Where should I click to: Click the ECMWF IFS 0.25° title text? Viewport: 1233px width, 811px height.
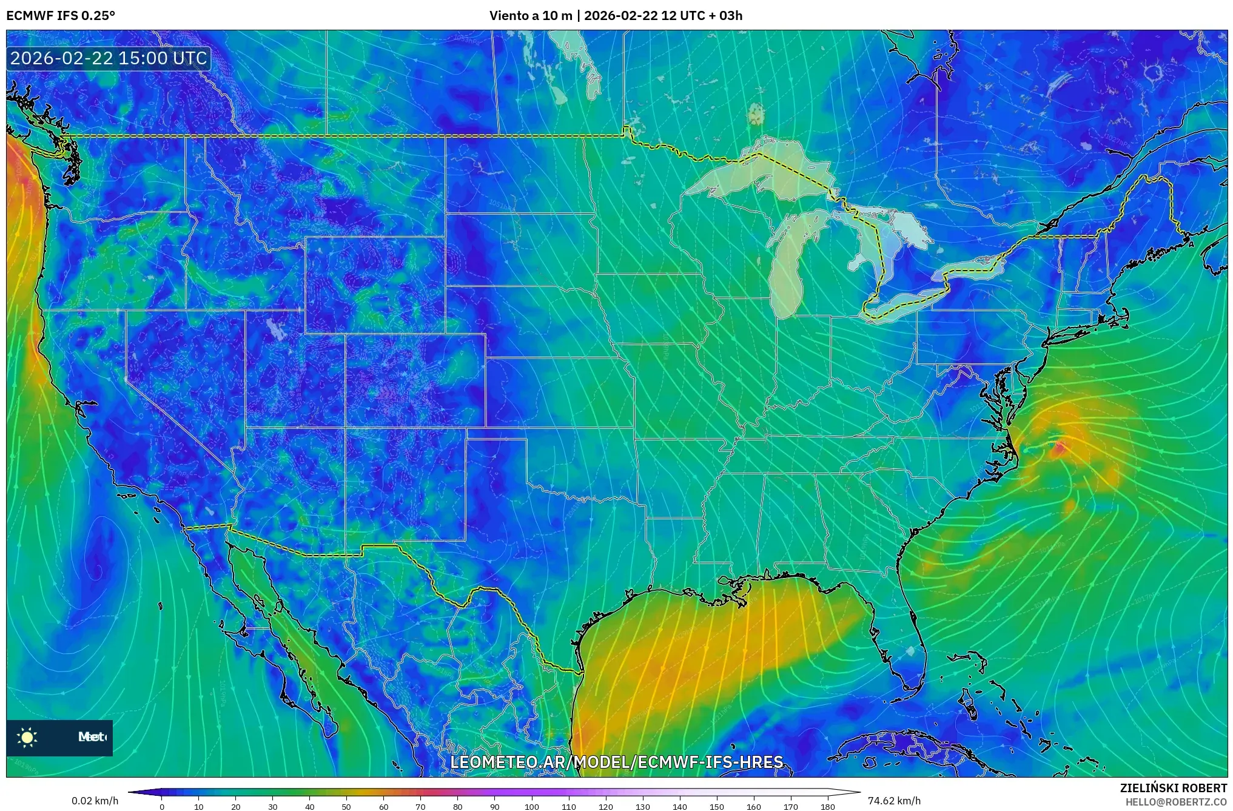click(x=61, y=16)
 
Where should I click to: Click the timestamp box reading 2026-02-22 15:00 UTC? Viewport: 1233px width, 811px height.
click(x=109, y=59)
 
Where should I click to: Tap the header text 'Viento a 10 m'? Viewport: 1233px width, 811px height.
click(x=530, y=16)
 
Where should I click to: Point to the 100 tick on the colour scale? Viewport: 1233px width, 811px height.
click(x=532, y=806)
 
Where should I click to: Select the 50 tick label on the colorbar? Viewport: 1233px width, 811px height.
click(x=346, y=806)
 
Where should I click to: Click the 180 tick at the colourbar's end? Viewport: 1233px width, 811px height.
click(x=828, y=806)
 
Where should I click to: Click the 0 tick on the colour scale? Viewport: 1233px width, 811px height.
click(x=162, y=806)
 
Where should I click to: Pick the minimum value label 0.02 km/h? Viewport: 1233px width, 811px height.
click(x=95, y=801)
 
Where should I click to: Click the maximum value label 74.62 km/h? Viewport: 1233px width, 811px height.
click(x=894, y=801)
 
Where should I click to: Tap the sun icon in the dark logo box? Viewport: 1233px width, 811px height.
click(x=27, y=737)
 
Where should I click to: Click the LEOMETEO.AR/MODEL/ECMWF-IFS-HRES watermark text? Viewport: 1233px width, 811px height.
click(x=617, y=762)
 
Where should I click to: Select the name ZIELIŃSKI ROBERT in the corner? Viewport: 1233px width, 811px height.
click(x=1173, y=788)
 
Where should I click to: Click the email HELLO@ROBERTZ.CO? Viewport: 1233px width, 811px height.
click(x=1176, y=802)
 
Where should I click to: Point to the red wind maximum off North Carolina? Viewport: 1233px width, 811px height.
click(x=1060, y=448)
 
